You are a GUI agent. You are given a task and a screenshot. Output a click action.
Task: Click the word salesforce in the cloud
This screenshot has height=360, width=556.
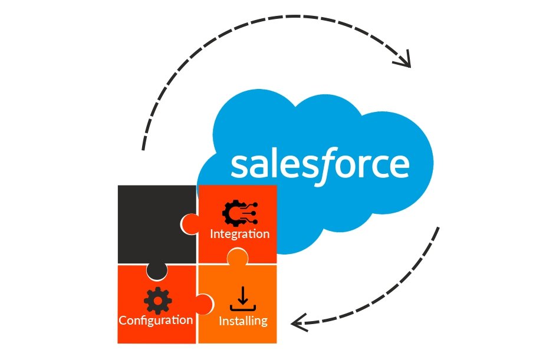click(320, 165)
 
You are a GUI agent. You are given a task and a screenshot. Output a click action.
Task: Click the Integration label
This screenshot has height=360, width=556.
click(240, 234)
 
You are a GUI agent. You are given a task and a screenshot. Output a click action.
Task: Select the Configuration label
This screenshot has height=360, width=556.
click(156, 321)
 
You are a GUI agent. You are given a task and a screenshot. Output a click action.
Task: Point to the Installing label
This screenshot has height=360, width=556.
click(243, 321)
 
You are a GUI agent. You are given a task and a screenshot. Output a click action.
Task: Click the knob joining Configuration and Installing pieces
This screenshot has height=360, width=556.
click(204, 304)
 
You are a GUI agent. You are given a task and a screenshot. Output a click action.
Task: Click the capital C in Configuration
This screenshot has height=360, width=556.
click(123, 321)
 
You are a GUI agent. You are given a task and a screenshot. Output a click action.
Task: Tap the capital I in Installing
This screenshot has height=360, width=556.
click(221, 321)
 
